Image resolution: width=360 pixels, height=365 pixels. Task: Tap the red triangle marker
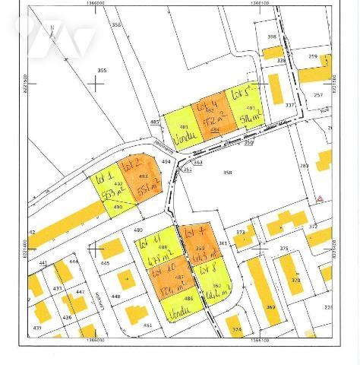point(320,198)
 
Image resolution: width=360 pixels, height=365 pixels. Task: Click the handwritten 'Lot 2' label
point(133,163)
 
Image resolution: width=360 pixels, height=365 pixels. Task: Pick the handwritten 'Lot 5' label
point(242,94)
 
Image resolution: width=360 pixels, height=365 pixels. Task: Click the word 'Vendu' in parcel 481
point(182,139)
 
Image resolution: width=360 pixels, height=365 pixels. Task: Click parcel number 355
point(102,70)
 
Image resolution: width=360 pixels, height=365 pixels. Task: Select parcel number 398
point(271,36)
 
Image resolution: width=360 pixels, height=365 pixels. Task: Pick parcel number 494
point(166,161)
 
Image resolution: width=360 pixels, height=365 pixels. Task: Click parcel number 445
point(105,263)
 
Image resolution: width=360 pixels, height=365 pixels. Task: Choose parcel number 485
point(155,122)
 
